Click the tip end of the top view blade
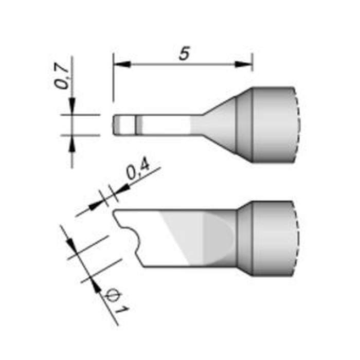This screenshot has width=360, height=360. click(116, 125)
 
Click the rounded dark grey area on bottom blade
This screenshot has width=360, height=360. click(219, 238)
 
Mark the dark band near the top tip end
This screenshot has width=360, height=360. click(138, 125)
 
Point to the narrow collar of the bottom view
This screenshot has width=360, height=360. click(245, 238)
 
